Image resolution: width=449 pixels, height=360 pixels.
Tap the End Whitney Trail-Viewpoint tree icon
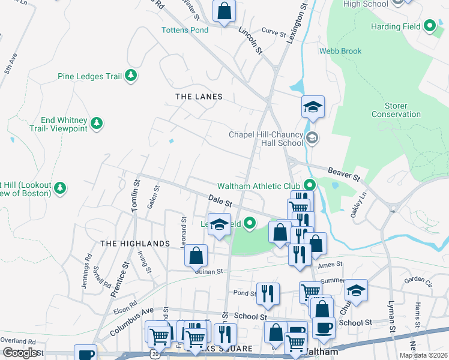(x=96, y=124)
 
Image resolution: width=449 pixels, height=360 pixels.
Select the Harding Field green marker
(x=430, y=26)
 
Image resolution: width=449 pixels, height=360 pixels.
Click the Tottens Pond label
(x=184, y=30)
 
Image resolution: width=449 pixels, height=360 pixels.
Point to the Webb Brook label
(x=340, y=51)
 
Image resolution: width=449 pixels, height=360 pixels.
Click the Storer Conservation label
(x=396, y=110)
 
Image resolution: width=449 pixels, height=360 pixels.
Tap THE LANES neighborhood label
(x=199, y=97)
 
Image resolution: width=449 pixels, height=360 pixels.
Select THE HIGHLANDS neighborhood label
(x=135, y=243)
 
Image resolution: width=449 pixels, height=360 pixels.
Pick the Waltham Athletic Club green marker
(x=310, y=185)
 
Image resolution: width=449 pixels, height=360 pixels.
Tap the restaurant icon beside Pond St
(x=268, y=293)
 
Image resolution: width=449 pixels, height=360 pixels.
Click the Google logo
(x=20, y=353)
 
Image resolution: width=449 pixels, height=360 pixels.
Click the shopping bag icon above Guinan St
(x=196, y=255)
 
